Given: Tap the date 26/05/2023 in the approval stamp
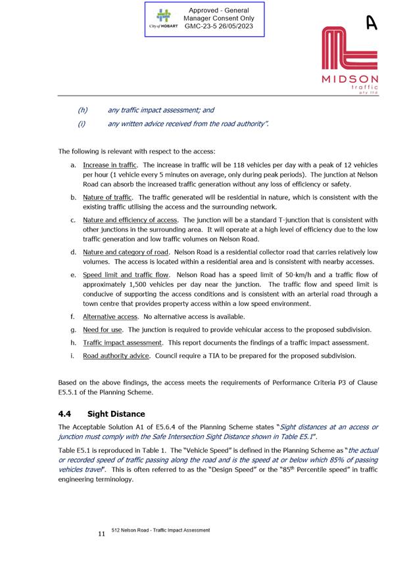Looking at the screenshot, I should pyautogui.click(x=231, y=27).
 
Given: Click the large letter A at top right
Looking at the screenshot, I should pyautogui.click(x=372, y=23).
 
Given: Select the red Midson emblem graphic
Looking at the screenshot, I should pyautogui.click(x=349, y=49).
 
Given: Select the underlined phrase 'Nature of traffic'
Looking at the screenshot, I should pyautogui.click(x=108, y=197).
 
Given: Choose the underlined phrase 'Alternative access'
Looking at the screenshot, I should pyautogui.click(x=110, y=316).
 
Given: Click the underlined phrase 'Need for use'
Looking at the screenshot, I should pyautogui.click(x=103, y=330).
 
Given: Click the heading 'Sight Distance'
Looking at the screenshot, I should pyautogui.click(x=116, y=414).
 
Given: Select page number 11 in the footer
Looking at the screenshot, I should pyautogui.click(x=101, y=534).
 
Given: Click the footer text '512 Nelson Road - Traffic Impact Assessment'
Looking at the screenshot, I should pyautogui.click(x=160, y=530).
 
